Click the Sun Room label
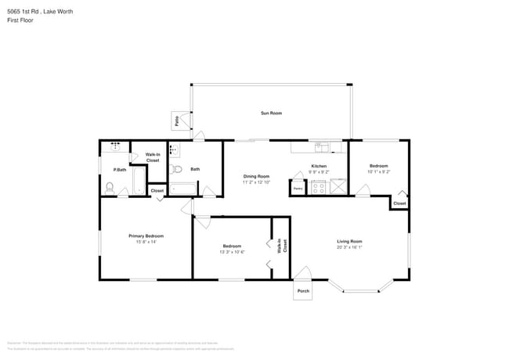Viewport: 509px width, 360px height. [x=271, y=113]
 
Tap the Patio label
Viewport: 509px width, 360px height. [x=177, y=121]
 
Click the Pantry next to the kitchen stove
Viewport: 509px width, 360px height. [x=298, y=188]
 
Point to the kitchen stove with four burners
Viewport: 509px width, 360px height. [x=319, y=188]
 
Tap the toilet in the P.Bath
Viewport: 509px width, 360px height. [x=110, y=188]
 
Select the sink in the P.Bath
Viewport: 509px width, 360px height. [x=116, y=146]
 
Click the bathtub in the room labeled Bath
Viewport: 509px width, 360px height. [x=185, y=189]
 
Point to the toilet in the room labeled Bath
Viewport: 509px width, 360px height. [x=176, y=168]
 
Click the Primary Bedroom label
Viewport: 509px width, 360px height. [x=146, y=236]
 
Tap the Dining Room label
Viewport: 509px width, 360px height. [x=256, y=176]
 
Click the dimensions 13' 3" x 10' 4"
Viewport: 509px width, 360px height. [x=232, y=252]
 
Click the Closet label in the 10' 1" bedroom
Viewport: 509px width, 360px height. [x=399, y=203]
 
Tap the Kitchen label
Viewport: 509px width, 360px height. [x=319, y=166]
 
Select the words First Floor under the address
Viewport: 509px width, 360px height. [x=20, y=20]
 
